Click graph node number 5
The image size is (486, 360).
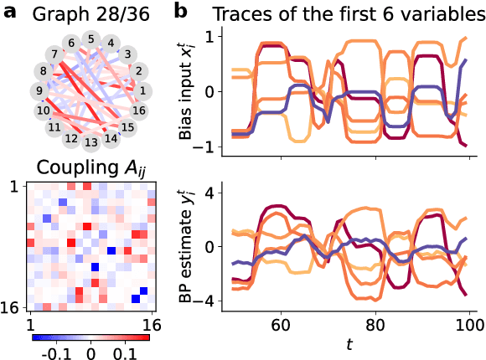point(90,39)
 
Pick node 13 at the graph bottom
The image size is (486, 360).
point(90,141)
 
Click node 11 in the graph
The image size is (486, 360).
point(53,127)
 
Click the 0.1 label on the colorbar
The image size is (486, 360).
point(125,352)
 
